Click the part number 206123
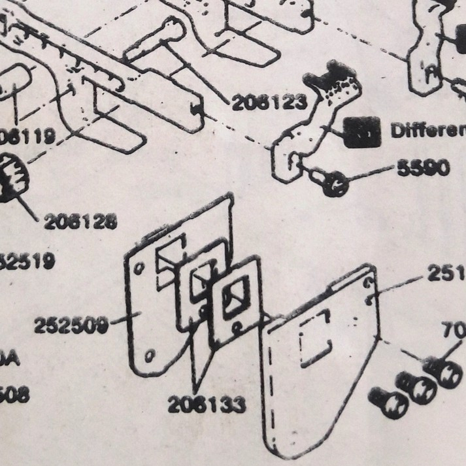pyautogui.click(x=268, y=101)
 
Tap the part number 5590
pyautogui.click(x=424, y=168)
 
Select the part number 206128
pyautogui.click(x=80, y=222)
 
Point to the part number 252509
pyautogui.click(x=71, y=325)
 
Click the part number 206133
pyautogui.click(x=207, y=405)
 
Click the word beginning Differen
pyautogui.click(x=428, y=129)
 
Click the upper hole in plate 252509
pyautogui.click(x=139, y=268)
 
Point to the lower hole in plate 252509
pyautogui.click(x=150, y=355)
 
